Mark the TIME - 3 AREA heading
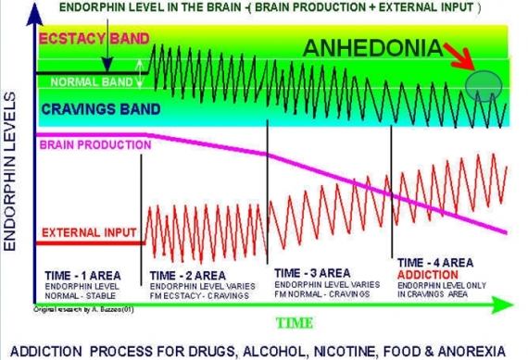pos(312,272)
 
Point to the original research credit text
pos(72,307)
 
